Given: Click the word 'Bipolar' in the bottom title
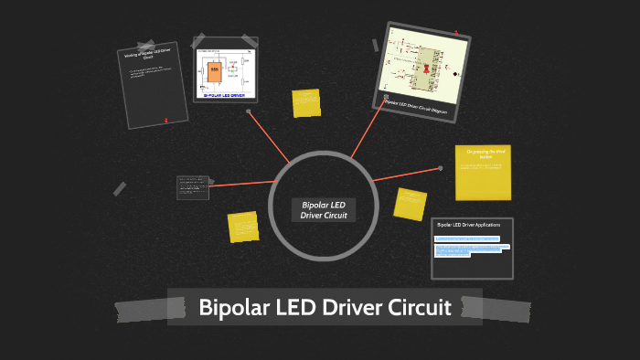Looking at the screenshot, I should tap(233, 307).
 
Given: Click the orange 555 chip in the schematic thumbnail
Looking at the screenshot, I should tap(215, 69).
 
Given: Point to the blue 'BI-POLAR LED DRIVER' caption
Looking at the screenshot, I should tap(224, 95).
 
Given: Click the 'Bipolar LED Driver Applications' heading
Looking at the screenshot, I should tap(467, 224).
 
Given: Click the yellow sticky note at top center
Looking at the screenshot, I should tap(306, 102).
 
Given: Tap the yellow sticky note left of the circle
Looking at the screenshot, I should tap(243, 226).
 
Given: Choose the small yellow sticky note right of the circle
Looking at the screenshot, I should tap(410, 203).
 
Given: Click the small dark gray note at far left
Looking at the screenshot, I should tap(192, 187).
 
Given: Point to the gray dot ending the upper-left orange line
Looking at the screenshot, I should tap(249, 111).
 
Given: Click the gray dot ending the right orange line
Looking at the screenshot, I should tap(440, 168).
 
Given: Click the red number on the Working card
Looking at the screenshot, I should tap(165, 120).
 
